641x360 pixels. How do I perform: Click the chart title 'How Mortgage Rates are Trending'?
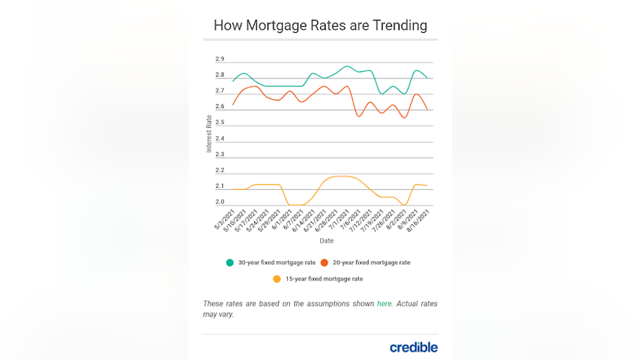click(320, 25)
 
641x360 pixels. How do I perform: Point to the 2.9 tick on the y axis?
click(220, 59)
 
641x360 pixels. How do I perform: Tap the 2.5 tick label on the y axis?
click(220, 123)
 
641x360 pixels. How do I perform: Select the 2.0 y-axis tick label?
click(220, 202)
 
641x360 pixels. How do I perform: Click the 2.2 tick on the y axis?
click(220, 170)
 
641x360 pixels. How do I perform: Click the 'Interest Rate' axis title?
click(209, 134)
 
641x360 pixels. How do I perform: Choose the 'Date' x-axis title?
click(326, 241)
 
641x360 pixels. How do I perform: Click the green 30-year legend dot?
click(230, 262)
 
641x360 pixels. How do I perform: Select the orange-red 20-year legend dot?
click(324, 262)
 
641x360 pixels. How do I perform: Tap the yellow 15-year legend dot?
click(277, 279)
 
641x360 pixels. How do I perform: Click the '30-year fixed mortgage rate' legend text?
click(277, 262)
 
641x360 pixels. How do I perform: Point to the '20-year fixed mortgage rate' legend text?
click(371, 262)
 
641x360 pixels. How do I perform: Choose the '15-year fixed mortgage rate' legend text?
click(324, 279)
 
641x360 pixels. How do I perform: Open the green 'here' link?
click(384, 304)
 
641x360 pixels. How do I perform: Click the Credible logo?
click(413, 347)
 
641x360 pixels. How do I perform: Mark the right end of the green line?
click(428, 78)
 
